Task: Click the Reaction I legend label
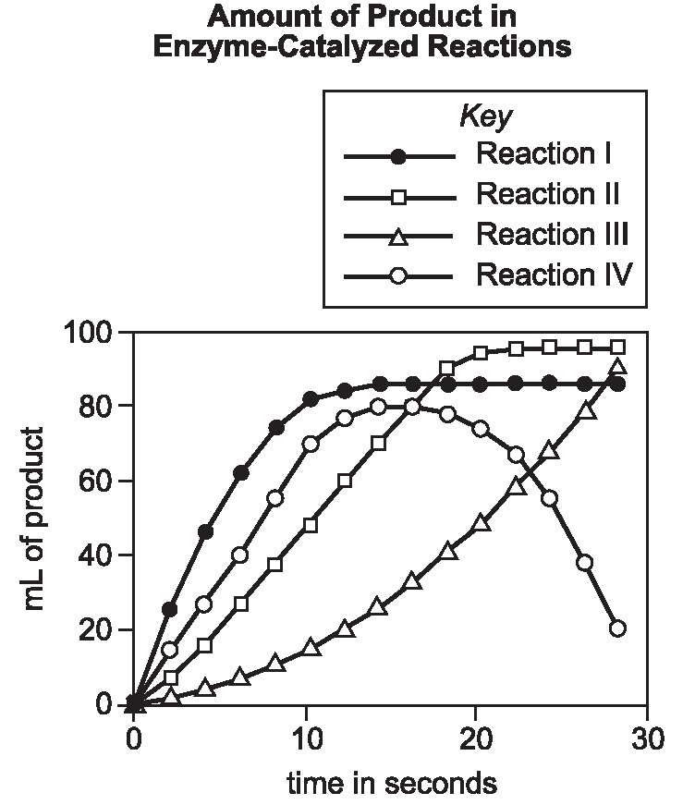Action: click(542, 153)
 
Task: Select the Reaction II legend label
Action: click(546, 195)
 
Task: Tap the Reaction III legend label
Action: click(552, 235)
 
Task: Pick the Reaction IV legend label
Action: click(554, 274)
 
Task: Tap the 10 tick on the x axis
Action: click(304, 738)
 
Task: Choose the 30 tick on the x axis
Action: click(646, 738)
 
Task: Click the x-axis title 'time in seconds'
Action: click(391, 785)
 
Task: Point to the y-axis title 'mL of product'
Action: click(34, 518)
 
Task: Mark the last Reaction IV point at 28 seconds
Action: click(617, 628)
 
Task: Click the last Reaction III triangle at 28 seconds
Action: click(617, 367)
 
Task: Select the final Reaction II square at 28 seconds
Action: click(618, 347)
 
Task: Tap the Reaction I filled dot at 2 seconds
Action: click(169, 609)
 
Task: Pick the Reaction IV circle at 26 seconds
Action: click(584, 563)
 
